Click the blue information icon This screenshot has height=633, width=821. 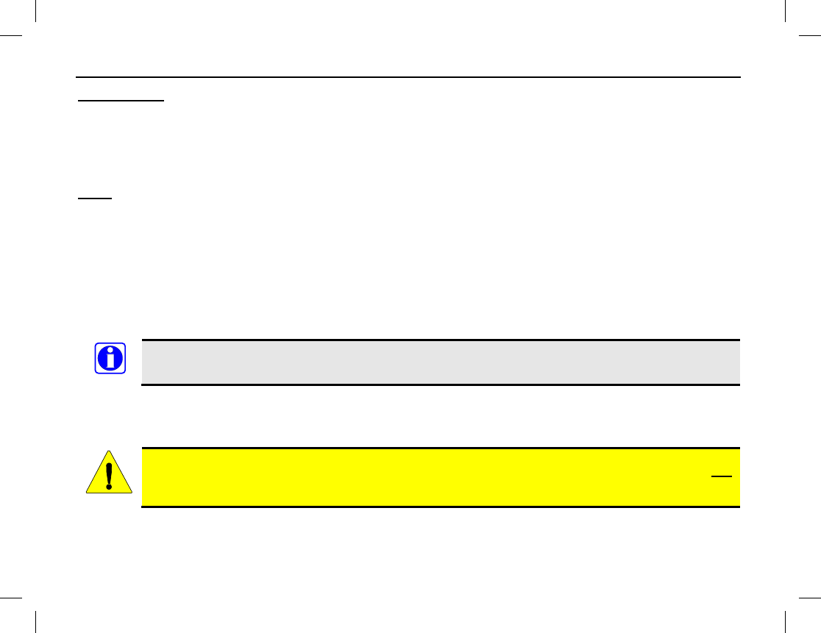click(110, 359)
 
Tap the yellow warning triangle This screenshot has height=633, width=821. click(109, 473)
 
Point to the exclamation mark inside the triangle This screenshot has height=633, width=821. click(109, 475)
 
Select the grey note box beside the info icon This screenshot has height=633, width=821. click(440, 362)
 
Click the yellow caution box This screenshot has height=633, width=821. click(440, 477)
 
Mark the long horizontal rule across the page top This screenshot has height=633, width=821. click(409, 76)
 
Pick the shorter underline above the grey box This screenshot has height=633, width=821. click(95, 198)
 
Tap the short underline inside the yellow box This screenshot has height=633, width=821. click(721, 476)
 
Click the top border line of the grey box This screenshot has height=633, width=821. click(440, 340)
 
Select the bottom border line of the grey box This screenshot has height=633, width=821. click(440, 385)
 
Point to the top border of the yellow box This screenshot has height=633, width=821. click(440, 448)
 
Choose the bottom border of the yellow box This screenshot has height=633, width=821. click(440, 507)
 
